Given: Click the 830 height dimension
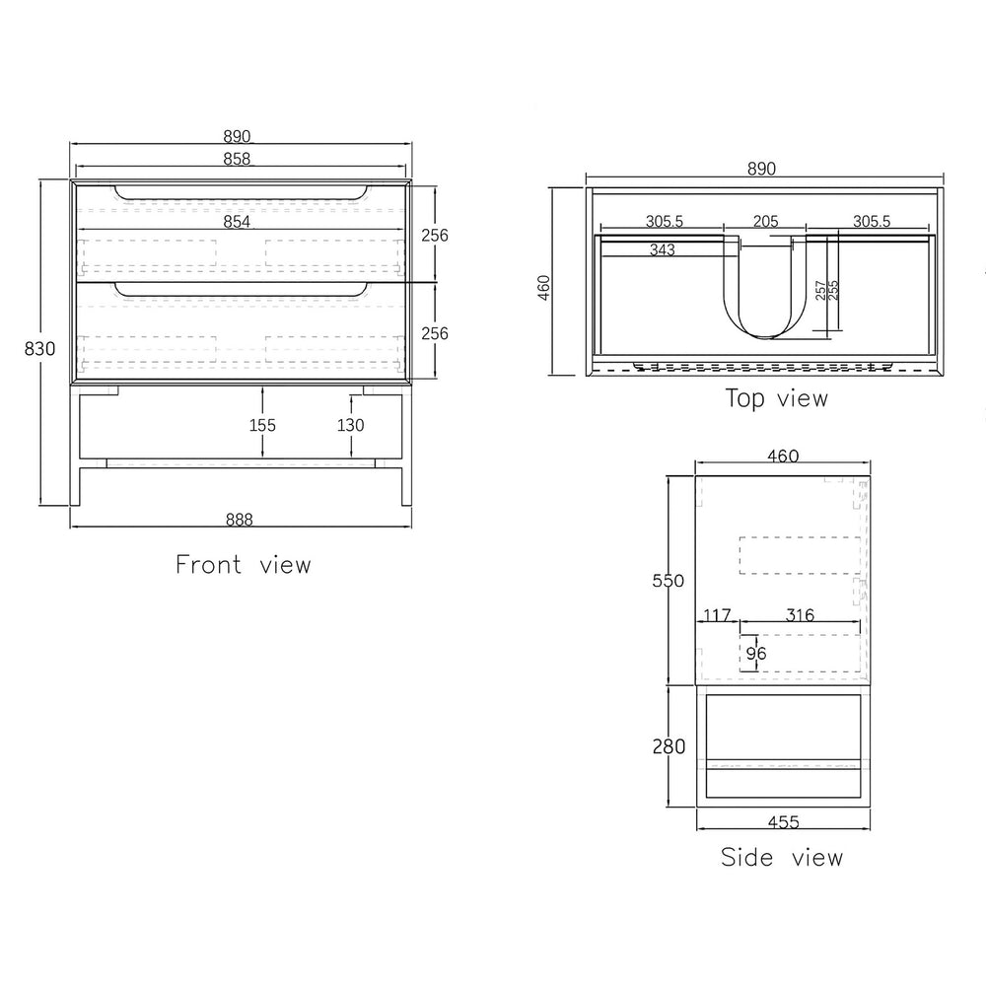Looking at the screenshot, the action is (39, 348).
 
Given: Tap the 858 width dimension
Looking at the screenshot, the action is (237, 159).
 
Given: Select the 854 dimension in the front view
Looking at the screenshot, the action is (237, 221).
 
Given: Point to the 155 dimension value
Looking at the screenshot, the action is (262, 425).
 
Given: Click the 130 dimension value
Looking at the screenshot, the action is (350, 425).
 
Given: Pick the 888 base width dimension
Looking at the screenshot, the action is (239, 520).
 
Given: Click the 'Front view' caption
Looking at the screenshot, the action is (244, 564).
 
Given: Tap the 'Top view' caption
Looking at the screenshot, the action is (777, 398).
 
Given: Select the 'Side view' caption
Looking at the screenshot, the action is (782, 857).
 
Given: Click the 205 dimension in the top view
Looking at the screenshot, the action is (765, 221).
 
